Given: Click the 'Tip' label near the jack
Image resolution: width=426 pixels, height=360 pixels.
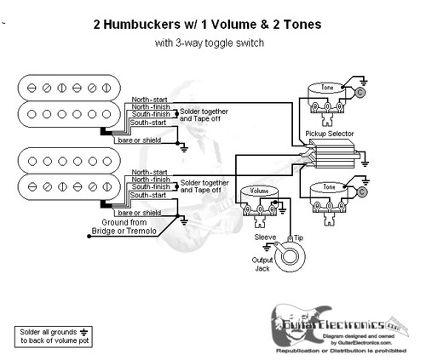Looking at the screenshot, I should (297, 241).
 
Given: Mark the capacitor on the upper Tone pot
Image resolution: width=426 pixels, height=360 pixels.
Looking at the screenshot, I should (360, 92).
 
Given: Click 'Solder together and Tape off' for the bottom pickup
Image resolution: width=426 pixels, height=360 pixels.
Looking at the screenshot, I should (204, 186).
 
